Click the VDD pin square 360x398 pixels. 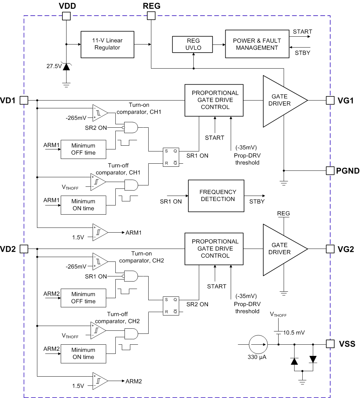click(x=67, y=16)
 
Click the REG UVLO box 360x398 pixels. click(x=193, y=44)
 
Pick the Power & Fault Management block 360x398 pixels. click(x=257, y=44)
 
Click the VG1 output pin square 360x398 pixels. click(x=330, y=100)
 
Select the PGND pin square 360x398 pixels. click(x=330, y=170)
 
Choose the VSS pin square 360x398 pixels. click(x=330, y=344)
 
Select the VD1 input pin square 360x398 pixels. click(x=24, y=100)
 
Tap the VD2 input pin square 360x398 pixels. click(x=24, y=249)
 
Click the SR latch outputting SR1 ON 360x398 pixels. click(x=171, y=157)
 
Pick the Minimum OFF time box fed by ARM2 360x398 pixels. click(x=83, y=297)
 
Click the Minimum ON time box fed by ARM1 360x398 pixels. click(x=83, y=205)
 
